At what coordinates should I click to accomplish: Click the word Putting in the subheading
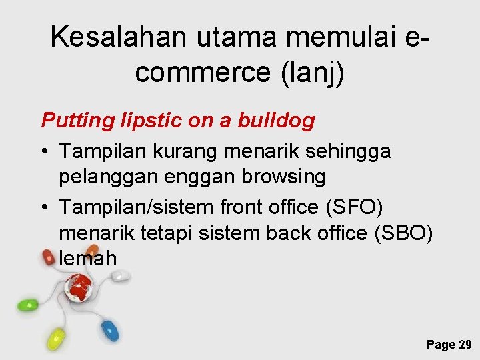pos(72,121)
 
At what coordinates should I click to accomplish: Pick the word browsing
pos(285,177)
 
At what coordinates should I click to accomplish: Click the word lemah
pos(88,258)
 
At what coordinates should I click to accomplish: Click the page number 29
pos(465,344)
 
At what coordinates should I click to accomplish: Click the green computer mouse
pos(27,305)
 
